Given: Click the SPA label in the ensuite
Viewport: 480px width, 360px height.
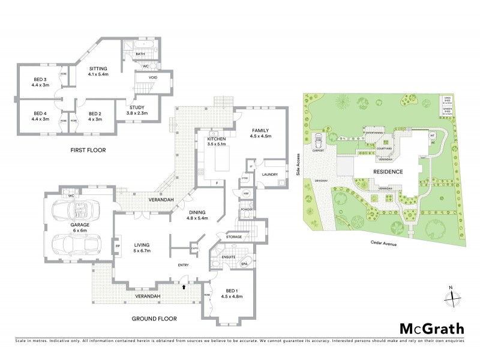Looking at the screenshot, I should (x=244, y=264).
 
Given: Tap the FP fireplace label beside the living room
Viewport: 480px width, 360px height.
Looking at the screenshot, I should (x=118, y=245).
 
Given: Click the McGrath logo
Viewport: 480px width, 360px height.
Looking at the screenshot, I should (x=431, y=328).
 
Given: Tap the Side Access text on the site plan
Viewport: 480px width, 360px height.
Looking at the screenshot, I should (x=298, y=164).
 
